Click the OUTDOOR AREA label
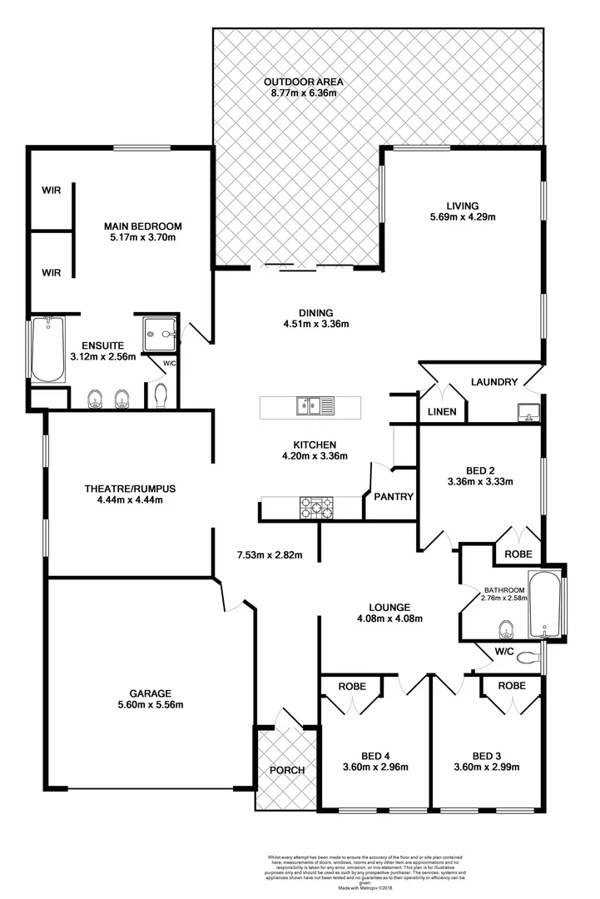click(303, 82)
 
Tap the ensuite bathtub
click(48, 349)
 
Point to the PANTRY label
click(394, 497)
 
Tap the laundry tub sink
click(527, 410)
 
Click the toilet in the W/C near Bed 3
click(526, 658)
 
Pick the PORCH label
click(286, 770)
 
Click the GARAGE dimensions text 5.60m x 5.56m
click(151, 704)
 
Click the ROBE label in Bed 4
click(353, 686)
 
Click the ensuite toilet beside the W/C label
click(161, 395)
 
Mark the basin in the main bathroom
click(503, 627)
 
